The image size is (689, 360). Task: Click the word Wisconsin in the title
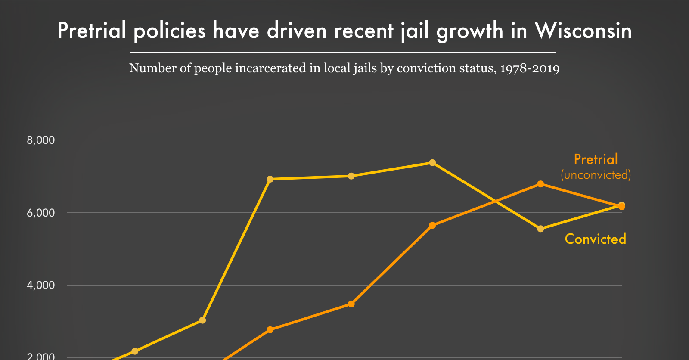pos(583,31)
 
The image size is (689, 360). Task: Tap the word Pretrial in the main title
pos(92,31)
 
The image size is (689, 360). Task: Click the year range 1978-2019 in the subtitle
pos(530,68)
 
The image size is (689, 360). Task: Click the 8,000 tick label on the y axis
pos(41,140)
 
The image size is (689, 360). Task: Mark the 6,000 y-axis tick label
pos(41,213)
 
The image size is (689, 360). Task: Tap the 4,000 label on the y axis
pos(41,285)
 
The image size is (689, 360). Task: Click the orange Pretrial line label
pos(596,159)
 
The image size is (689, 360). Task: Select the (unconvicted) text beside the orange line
pos(596,175)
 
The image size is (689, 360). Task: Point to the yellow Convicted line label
pos(595,239)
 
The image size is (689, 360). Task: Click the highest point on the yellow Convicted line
pos(432,163)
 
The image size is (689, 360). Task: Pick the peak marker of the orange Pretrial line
pos(540,184)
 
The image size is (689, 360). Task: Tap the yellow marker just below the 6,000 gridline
pos(540,229)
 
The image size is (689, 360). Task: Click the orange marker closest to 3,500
pos(351,304)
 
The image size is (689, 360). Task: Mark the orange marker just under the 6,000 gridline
pos(432,225)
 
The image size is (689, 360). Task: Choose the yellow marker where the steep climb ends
pos(270,179)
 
